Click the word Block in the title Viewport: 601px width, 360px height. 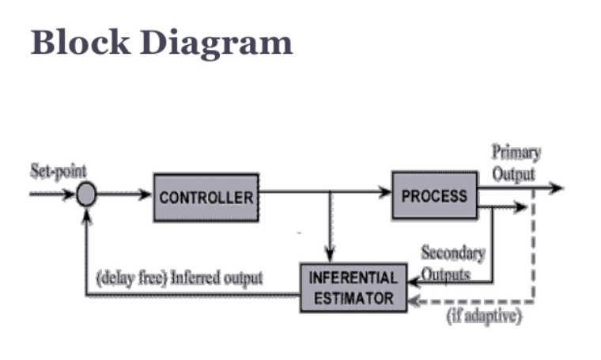click(81, 42)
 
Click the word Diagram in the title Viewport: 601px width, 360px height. click(216, 44)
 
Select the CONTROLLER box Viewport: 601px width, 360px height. click(206, 198)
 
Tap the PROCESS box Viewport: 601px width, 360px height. click(435, 195)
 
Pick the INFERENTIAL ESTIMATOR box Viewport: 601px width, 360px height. click(353, 288)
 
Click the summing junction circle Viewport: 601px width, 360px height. click(86, 195)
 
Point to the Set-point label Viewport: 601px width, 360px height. click(59, 171)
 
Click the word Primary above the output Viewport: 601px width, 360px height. click(516, 153)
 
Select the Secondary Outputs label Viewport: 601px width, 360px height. click(452, 263)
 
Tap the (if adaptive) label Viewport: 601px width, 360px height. click(484, 316)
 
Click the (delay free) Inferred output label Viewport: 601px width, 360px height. click(180, 278)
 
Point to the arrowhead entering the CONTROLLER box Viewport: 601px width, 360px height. click(146, 195)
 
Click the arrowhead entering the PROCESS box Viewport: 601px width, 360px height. click(385, 191)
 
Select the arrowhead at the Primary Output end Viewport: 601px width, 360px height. click(556, 188)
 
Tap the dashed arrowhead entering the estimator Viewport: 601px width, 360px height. click(414, 301)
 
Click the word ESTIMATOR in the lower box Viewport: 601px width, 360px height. click(353, 298)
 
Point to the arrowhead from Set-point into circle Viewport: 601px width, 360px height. click(70, 195)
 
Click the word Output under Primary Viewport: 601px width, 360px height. click(513, 174)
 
